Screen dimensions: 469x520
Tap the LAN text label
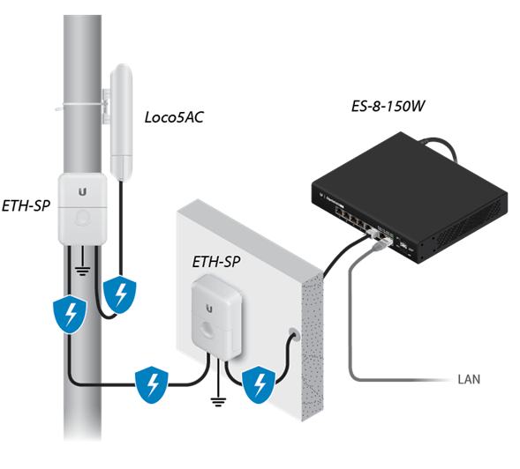click(470, 381)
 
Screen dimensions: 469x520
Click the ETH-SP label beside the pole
click(26, 204)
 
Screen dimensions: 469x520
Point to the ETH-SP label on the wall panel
click(216, 262)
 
